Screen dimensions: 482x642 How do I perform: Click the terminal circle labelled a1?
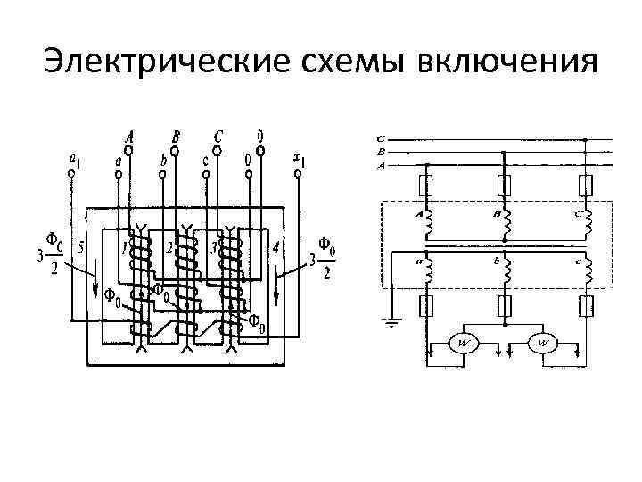pyautogui.click(x=71, y=175)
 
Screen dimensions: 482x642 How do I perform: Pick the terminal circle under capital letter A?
pyautogui.click(x=128, y=152)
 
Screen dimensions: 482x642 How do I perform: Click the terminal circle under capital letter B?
pyautogui.click(x=175, y=152)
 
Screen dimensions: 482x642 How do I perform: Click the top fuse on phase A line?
pyautogui.click(x=426, y=185)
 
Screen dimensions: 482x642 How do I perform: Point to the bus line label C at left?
pyautogui.click(x=381, y=139)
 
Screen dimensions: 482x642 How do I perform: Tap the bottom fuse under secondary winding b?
pyautogui.click(x=506, y=308)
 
